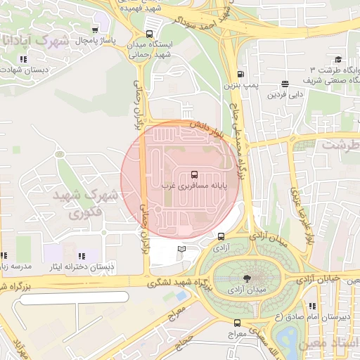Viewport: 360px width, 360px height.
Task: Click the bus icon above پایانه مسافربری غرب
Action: click(x=194, y=174)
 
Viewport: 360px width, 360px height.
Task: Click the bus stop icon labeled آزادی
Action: click(x=221, y=237)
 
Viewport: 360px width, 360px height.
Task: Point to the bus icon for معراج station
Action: click(x=237, y=323)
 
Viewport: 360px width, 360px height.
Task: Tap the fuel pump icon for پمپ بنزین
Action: click(x=241, y=75)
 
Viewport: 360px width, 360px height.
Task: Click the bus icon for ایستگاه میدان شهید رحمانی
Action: click(x=148, y=33)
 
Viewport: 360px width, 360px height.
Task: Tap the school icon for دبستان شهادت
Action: click(x=23, y=60)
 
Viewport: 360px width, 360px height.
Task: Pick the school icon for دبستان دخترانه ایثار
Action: click(x=82, y=257)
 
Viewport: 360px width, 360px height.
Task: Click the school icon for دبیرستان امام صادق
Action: click(x=311, y=307)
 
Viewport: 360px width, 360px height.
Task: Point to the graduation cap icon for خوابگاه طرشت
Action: click(x=338, y=60)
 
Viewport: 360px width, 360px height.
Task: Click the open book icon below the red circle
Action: click(x=182, y=249)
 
